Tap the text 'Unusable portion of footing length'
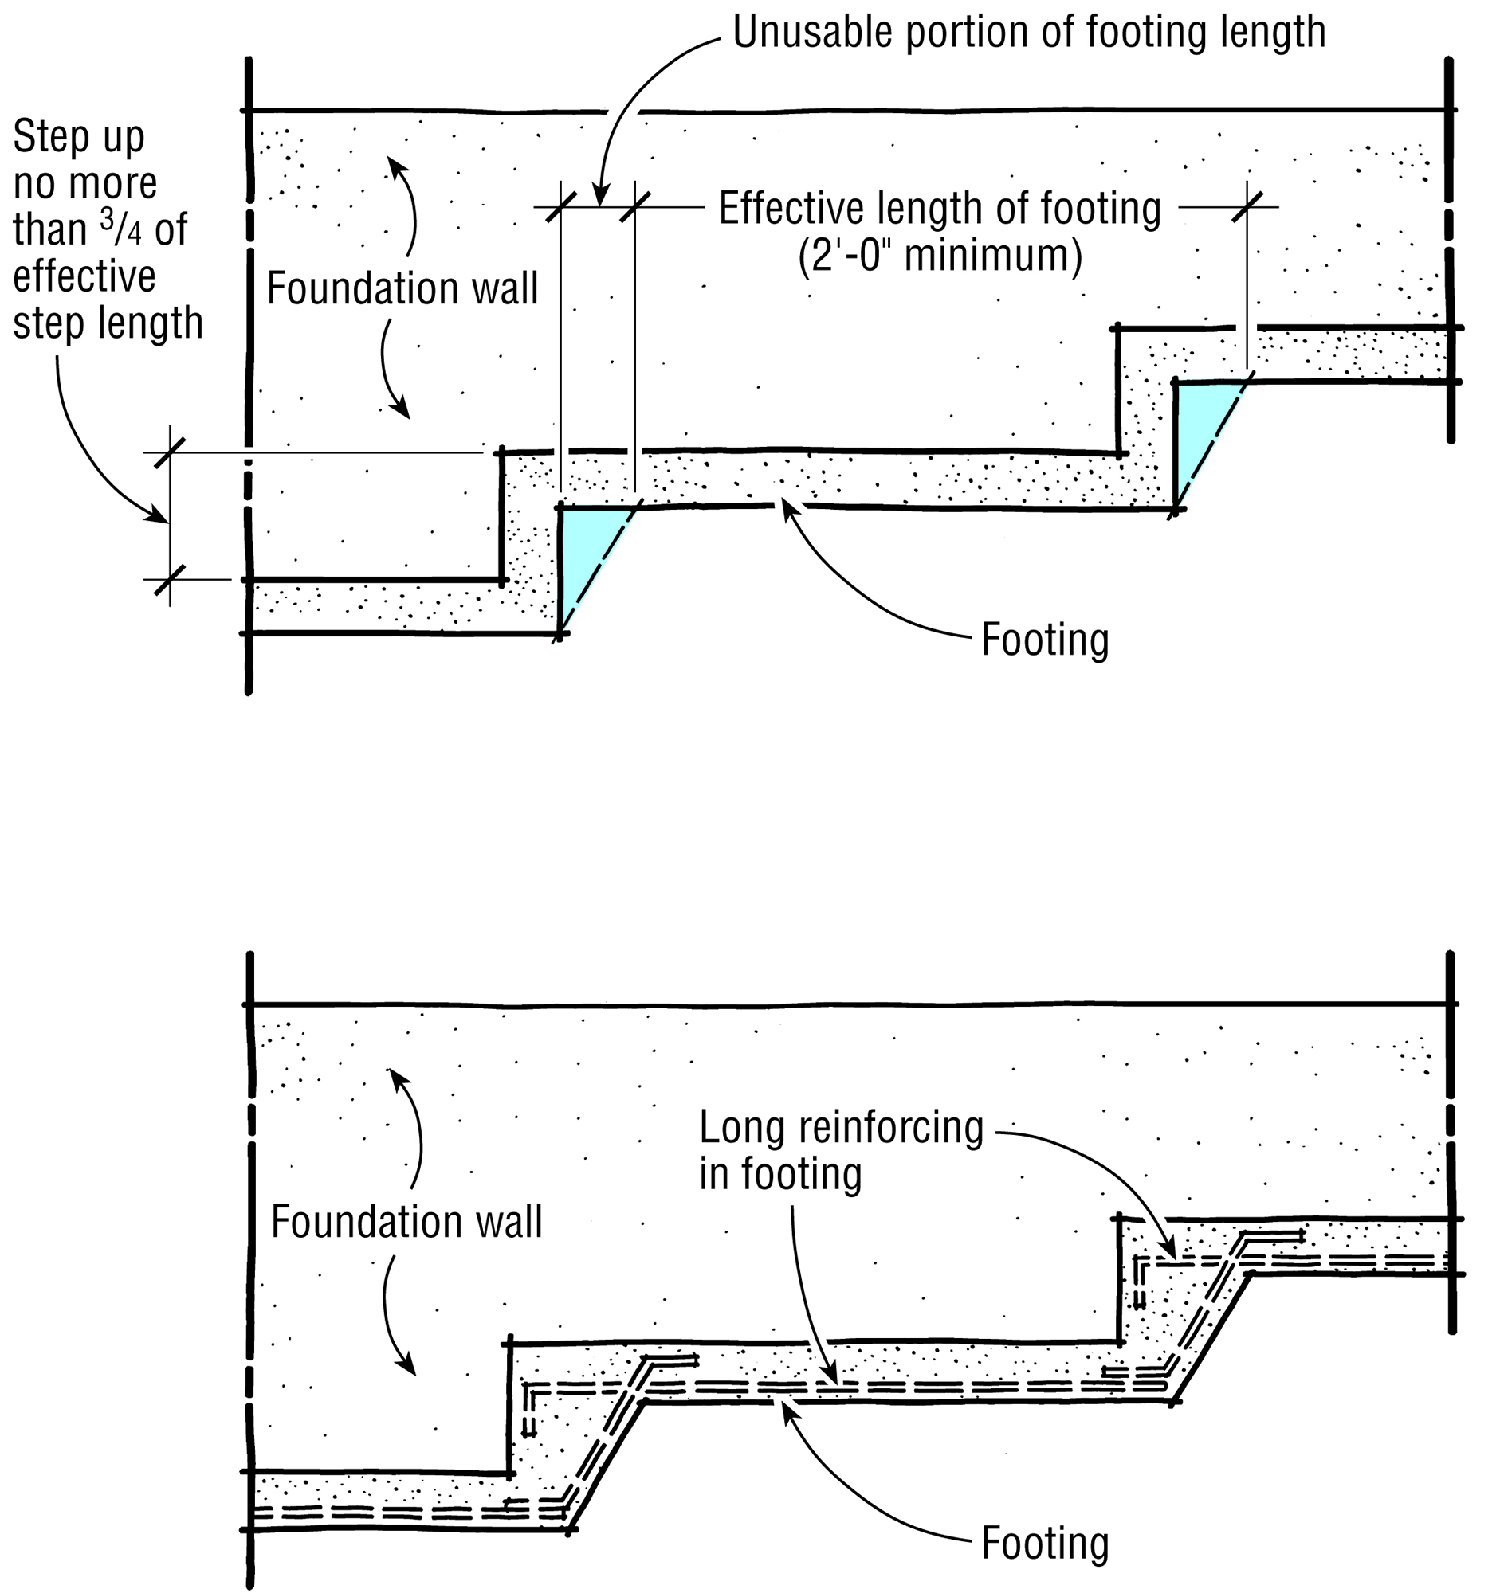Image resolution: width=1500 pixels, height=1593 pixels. pos(1029,33)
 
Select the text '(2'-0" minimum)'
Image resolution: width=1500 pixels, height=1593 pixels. pos(940,256)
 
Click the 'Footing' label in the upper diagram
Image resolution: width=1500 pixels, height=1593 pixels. pos(1045,640)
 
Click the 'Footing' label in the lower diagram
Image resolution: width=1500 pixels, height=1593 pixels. pos(1045,1543)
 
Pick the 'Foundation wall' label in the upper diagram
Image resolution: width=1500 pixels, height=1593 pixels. pos(402,288)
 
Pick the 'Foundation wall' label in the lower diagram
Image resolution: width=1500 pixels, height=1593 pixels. pos(406,1221)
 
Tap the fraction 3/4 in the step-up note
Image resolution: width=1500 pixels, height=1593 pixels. pos(120,229)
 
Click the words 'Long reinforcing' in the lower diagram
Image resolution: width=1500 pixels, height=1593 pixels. pos(841,1127)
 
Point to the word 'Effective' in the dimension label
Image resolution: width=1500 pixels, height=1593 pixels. pos(772,209)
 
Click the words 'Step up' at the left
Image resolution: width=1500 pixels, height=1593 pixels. pos(79,137)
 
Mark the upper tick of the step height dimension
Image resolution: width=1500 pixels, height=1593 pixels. pos(169,452)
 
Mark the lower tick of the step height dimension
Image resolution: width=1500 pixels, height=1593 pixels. pos(169,579)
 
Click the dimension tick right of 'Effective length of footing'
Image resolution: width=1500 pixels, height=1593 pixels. pos(1247,208)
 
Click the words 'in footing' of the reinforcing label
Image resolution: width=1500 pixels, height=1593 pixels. pos(780,1174)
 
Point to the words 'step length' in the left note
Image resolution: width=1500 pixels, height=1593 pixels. pos(108,323)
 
